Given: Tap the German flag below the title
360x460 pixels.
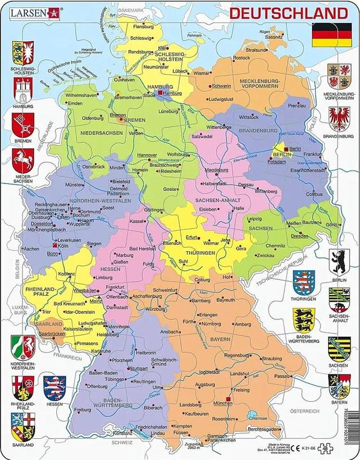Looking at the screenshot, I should [x=331, y=34].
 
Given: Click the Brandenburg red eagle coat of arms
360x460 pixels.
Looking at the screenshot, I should [x=338, y=119].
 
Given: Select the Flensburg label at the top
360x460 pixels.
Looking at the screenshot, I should [x=143, y=27].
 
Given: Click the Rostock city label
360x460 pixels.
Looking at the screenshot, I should [x=241, y=58].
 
